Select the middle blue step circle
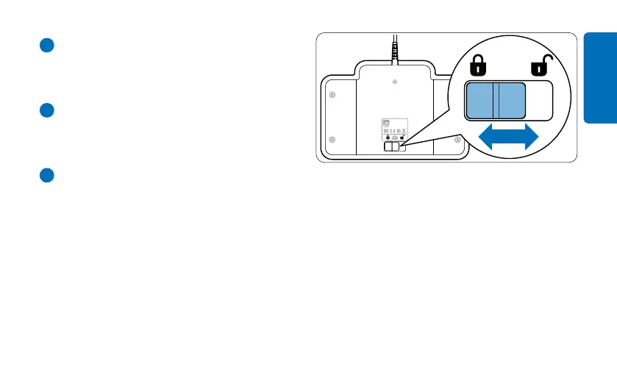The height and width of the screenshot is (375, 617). pyautogui.click(x=46, y=110)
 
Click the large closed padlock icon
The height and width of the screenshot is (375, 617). pyautogui.click(x=479, y=68)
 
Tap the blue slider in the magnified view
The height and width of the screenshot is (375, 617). pyautogui.click(x=495, y=101)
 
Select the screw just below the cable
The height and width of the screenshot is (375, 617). pyautogui.click(x=396, y=81)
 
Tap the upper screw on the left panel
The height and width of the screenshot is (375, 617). pyautogui.click(x=332, y=95)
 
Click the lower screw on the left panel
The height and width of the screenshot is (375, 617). pyautogui.click(x=332, y=139)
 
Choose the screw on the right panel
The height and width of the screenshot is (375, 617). pyautogui.click(x=457, y=139)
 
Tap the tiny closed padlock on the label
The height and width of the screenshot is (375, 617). pyautogui.click(x=388, y=137)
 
